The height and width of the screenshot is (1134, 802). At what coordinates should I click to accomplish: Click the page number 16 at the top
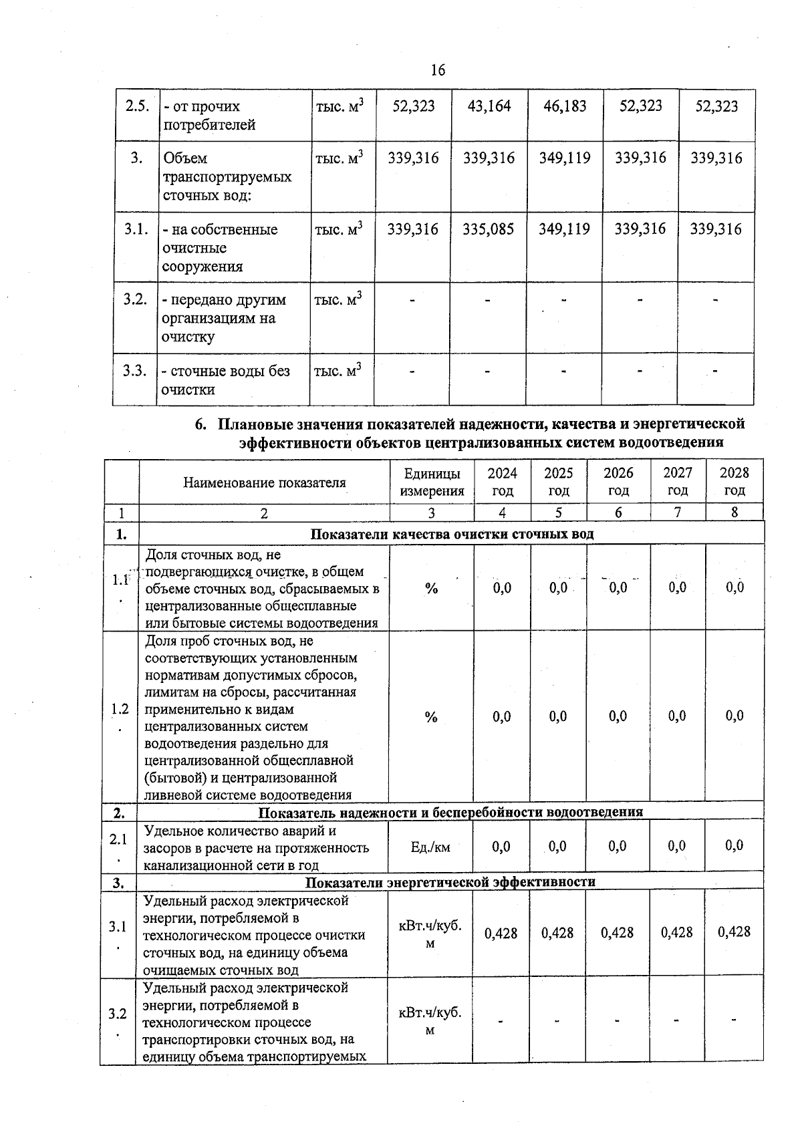click(x=438, y=70)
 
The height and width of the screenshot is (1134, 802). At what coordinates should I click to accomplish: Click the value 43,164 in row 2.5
click(x=489, y=106)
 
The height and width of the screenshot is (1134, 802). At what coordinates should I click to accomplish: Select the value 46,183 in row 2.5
click(x=565, y=106)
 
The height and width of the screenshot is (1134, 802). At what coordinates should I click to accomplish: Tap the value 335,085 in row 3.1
click(x=489, y=229)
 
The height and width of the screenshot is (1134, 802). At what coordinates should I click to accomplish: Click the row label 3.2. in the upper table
click(x=135, y=299)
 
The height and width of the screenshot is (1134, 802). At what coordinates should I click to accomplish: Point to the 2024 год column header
click(x=502, y=481)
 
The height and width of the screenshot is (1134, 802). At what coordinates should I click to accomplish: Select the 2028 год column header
click(x=734, y=481)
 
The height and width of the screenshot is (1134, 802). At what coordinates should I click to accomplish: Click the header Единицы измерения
click(x=432, y=481)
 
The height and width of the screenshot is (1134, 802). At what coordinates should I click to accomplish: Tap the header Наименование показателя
click(x=265, y=482)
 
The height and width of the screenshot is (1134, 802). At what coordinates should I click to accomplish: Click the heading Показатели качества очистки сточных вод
click(x=452, y=534)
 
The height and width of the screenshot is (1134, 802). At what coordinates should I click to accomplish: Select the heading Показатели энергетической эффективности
click(x=450, y=881)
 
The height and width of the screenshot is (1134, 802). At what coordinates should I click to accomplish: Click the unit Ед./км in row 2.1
click(x=431, y=847)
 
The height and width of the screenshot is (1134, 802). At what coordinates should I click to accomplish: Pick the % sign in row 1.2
click(x=431, y=717)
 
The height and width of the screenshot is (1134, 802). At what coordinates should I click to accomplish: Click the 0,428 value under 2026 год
click(x=617, y=932)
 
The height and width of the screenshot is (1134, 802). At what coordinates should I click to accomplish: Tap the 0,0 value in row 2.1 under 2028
click(x=734, y=845)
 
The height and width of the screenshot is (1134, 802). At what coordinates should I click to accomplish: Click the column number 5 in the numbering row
click(x=558, y=513)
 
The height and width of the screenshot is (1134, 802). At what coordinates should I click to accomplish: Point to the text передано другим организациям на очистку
click(x=225, y=318)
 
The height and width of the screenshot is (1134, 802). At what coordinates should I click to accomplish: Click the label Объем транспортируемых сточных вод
click(x=227, y=177)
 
